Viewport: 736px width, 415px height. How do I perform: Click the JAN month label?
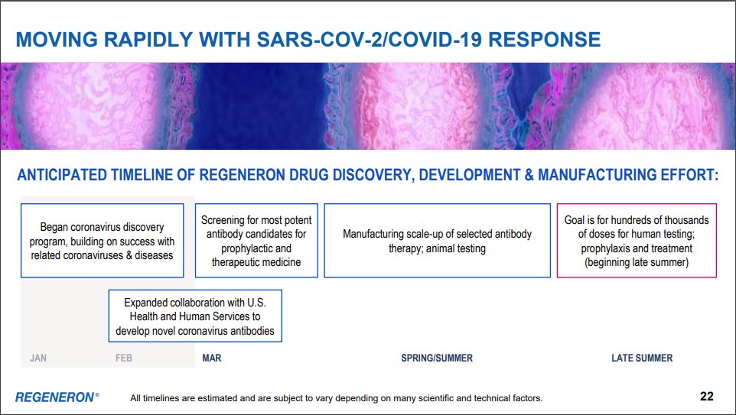point(38,358)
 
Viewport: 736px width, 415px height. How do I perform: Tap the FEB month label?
point(124,358)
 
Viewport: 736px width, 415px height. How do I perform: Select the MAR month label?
point(212,358)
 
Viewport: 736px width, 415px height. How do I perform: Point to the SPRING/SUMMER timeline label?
point(437,358)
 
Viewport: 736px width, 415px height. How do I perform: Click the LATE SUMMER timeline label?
point(642,358)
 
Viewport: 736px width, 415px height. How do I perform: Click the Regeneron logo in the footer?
point(57,397)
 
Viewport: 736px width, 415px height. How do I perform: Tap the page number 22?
point(706,396)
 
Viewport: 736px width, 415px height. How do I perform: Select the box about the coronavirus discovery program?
point(102,240)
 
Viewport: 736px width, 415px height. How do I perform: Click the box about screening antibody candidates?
point(256,240)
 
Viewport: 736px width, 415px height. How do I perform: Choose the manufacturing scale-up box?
point(437,240)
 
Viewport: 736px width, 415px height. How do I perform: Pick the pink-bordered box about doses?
point(637,240)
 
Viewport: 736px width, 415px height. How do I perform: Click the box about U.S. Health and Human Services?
point(195,315)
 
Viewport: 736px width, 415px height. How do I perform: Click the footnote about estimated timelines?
point(336,397)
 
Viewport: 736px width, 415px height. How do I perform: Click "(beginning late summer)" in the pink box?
point(637,262)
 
